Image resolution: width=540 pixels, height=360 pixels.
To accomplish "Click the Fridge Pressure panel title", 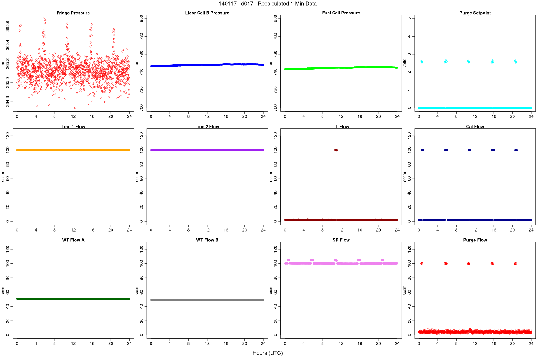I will (x=73, y=13).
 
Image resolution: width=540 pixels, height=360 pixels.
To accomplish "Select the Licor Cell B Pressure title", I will (x=207, y=13).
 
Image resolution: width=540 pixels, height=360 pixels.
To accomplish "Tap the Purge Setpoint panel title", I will (x=475, y=13).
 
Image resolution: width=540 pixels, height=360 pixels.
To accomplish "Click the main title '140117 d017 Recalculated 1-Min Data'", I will (x=268, y=4).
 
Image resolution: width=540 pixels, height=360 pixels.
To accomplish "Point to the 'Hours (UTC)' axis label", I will (x=268, y=353).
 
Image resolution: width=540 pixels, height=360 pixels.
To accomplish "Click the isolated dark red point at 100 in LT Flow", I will (x=336, y=150).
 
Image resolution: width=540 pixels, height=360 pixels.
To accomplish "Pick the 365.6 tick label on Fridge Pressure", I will (x=7, y=26).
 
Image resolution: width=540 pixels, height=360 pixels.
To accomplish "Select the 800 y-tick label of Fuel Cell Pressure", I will (x=275, y=19).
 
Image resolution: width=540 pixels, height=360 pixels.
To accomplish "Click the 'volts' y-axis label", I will (x=405, y=63).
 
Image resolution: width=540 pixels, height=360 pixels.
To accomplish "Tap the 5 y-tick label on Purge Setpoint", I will (x=409, y=19).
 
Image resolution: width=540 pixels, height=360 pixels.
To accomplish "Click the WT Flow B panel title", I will (x=207, y=240).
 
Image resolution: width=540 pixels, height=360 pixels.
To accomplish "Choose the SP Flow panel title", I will (x=341, y=240).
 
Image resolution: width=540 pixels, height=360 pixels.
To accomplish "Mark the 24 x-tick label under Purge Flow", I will (x=531, y=343).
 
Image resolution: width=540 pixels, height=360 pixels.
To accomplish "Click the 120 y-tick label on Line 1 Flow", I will (x=7, y=136).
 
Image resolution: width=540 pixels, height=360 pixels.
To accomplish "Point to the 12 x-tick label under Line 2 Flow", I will (x=207, y=230).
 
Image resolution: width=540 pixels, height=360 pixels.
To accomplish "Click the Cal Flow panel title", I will (x=475, y=127).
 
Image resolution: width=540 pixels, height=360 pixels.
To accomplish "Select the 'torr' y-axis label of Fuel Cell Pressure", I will (x=271, y=63).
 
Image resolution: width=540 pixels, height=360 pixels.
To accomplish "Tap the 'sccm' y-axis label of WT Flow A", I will (x=3, y=290).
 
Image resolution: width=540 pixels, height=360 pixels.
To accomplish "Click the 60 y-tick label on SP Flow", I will (x=275, y=292).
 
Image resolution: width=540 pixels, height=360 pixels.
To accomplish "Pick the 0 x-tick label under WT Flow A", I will (x=17, y=343).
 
